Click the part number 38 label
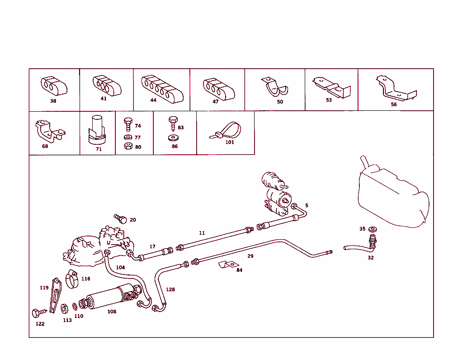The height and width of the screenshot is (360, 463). tap(53, 101)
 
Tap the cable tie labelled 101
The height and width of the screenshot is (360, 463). tap(226, 130)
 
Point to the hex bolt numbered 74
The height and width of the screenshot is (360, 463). tap(128, 124)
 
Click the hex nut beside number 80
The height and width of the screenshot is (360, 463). tap(128, 146)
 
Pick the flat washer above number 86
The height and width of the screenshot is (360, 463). tap(173, 137)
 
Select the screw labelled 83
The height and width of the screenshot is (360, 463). tap(173, 123)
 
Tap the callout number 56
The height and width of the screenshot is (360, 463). tap(394, 104)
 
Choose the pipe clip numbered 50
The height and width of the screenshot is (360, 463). tap(274, 87)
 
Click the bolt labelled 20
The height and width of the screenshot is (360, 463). tap(120, 219)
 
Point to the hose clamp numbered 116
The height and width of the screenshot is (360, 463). tap(72, 279)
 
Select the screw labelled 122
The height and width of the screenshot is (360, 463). tap(39, 313)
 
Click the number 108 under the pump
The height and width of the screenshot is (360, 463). tap(112, 312)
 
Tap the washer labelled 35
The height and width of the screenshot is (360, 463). tap(373, 229)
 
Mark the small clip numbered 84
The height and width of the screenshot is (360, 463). tap(228, 264)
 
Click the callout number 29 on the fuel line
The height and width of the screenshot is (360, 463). tap(250, 256)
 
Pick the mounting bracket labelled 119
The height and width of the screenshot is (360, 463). tap(56, 295)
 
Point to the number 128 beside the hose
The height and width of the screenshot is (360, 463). tap(170, 289)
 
